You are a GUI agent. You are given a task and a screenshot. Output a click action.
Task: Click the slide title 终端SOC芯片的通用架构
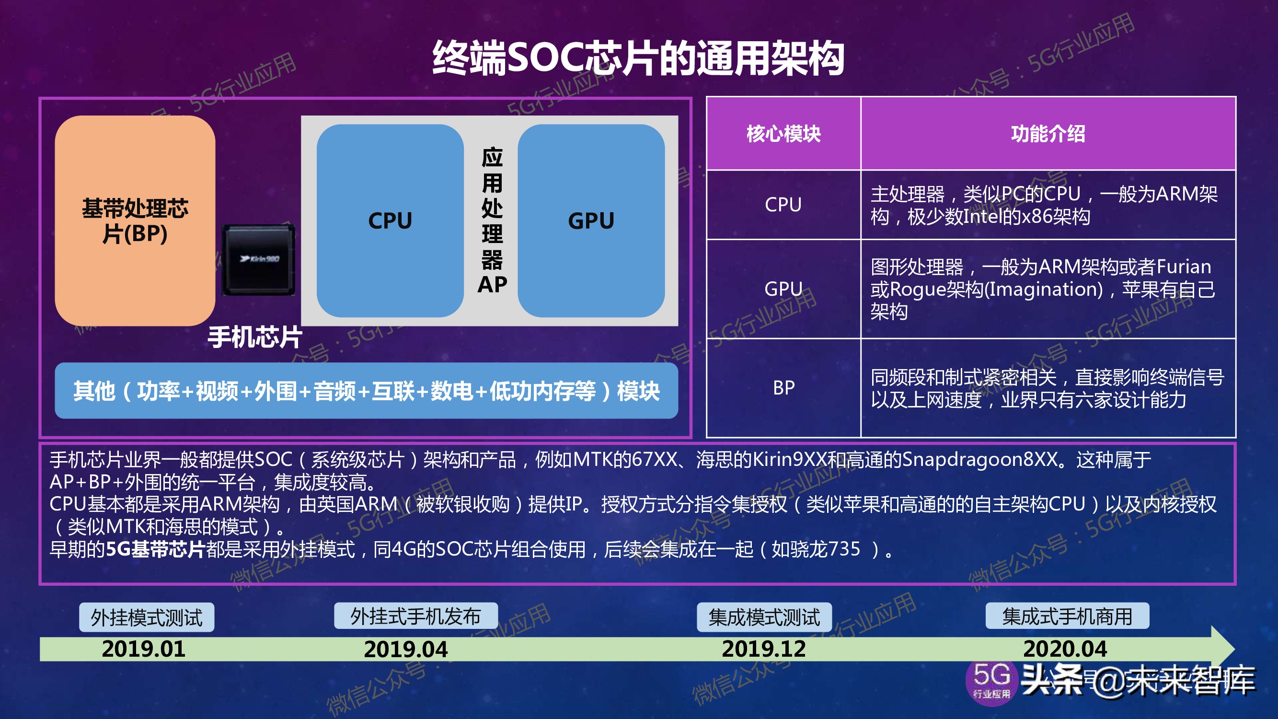coord(638,58)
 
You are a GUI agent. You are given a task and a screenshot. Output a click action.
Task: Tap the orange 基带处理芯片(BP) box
coord(135,221)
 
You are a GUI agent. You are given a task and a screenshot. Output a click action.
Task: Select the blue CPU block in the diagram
coord(390,221)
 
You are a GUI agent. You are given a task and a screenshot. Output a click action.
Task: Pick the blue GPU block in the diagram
coord(591,221)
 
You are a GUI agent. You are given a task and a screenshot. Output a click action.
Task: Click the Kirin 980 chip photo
coord(258,259)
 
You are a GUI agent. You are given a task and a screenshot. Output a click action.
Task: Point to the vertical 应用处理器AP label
coord(492,221)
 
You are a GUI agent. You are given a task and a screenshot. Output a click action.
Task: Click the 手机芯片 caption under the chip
coord(254,337)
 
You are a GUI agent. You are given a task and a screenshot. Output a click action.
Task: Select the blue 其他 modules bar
coord(366,391)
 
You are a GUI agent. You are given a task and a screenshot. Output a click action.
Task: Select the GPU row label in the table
coord(783,289)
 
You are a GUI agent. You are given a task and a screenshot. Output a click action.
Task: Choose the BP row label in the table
coord(783,387)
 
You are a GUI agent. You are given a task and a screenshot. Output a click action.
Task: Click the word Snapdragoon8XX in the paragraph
coord(979,460)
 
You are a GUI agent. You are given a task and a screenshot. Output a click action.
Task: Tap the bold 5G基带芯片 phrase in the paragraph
coord(155,549)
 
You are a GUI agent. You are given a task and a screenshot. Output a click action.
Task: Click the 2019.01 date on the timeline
coord(143,649)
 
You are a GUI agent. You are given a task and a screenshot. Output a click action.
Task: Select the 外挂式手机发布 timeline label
coord(416,616)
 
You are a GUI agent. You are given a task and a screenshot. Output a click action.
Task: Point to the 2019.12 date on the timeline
coord(763,649)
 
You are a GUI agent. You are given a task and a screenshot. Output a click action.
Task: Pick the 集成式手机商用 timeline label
coord(1067,616)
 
